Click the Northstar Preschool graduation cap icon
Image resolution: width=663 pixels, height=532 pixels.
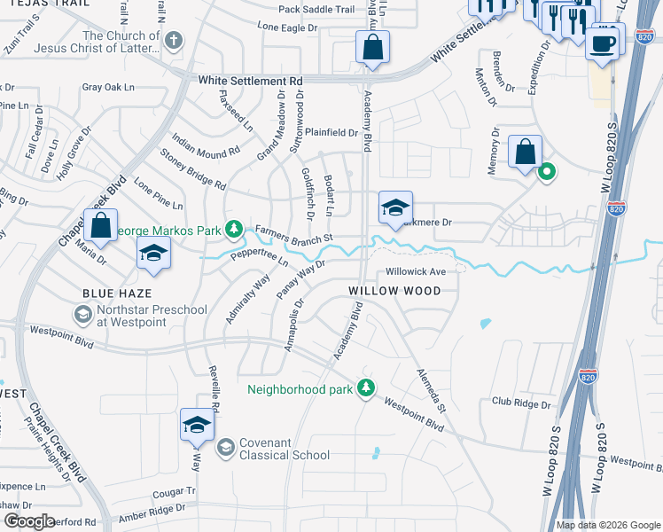pos(82,314)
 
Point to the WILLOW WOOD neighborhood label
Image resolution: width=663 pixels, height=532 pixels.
pos(394,291)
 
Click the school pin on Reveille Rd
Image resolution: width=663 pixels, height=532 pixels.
pos(197,424)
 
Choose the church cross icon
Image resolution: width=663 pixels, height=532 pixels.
pos(174,40)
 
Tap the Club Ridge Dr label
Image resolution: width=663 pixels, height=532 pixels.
pos(521,402)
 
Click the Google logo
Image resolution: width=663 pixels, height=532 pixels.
pos(29,520)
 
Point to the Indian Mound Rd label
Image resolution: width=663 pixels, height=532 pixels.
pos(206,145)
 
